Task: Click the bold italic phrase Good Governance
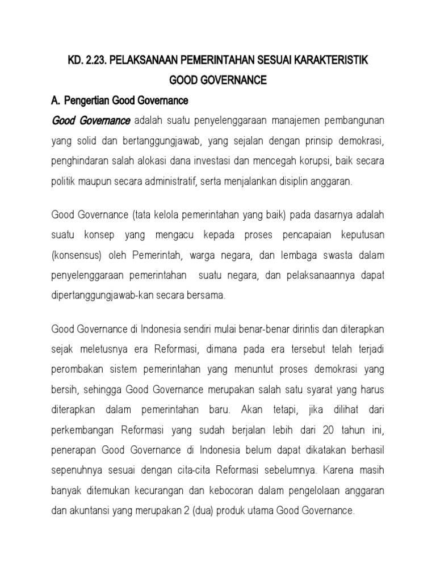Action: click(91, 121)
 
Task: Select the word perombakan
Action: click(79, 369)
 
